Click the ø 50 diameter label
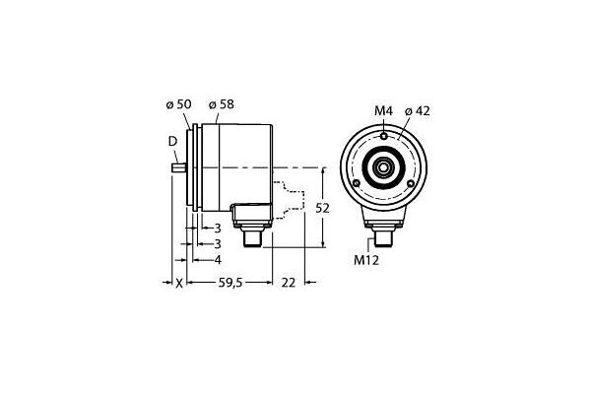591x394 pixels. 178,104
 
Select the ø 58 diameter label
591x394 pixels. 222,104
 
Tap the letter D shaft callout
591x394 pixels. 172,142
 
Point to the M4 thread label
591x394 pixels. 384,111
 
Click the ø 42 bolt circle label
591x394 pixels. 418,111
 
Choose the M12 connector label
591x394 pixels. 366,260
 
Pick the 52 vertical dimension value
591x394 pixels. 322,208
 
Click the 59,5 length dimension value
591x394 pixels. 231,283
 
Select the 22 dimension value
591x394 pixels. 289,283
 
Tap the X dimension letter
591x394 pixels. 179,283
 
